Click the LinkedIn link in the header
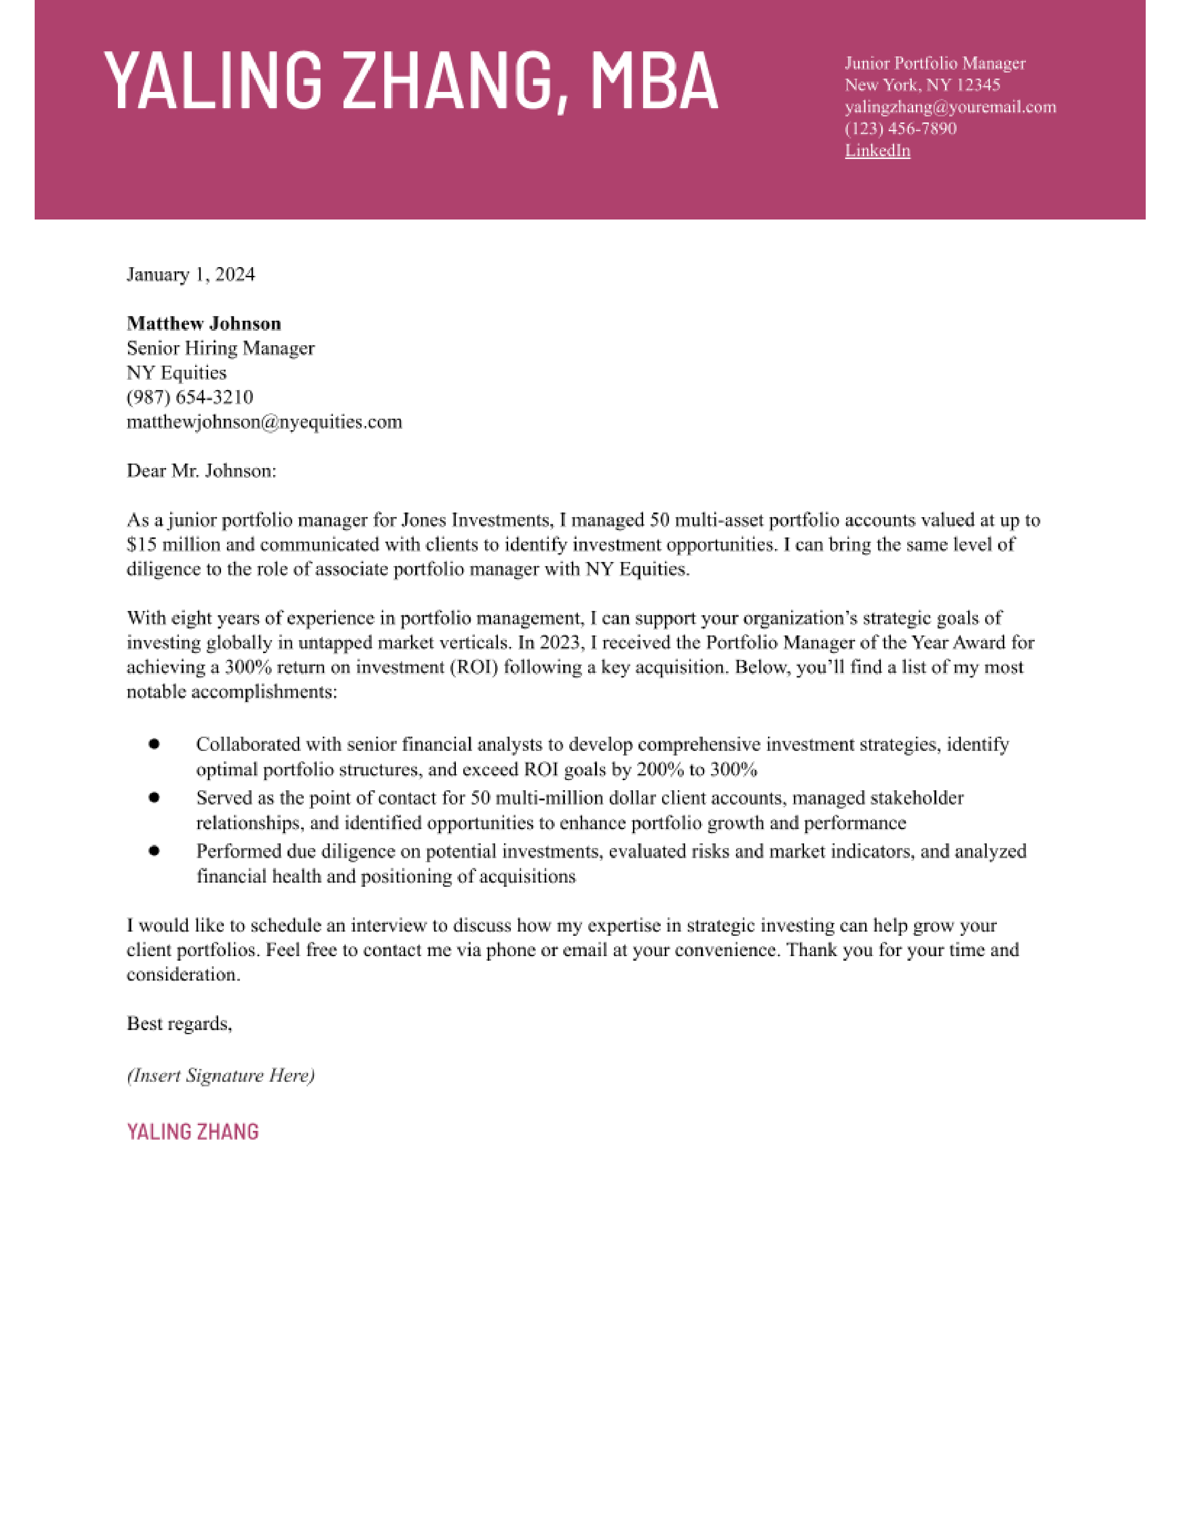(x=877, y=151)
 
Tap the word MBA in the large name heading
(x=654, y=82)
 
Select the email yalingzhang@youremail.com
(x=950, y=107)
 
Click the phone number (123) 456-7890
(x=900, y=128)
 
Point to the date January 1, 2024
(x=190, y=274)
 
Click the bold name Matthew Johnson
(x=204, y=323)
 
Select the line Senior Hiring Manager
(x=221, y=348)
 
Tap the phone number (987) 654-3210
(x=190, y=397)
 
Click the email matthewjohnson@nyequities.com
(x=264, y=422)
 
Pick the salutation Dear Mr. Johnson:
(x=201, y=470)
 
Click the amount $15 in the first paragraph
(x=142, y=545)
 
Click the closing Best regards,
(x=179, y=1024)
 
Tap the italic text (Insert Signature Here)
(x=221, y=1075)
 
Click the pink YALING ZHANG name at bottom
(x=193, y=1132)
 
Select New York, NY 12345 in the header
(x=922, y=85)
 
